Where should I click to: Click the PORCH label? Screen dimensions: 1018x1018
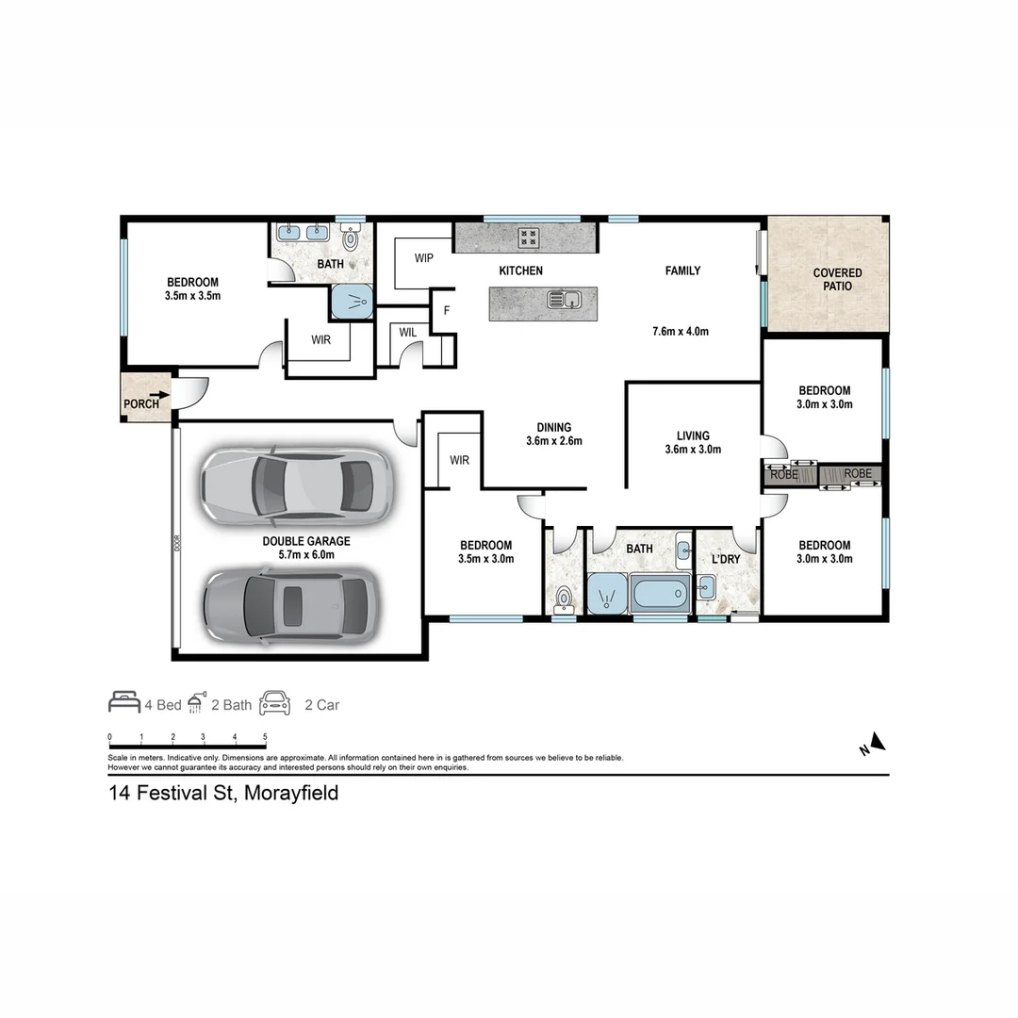(141, 404)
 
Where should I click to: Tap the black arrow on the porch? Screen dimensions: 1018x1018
(159, 396)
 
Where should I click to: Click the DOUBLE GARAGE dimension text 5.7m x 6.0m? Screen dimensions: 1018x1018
(306, 555)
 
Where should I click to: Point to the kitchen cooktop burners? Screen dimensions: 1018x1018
(529, 238)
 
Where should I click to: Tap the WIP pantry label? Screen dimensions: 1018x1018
(424, 258)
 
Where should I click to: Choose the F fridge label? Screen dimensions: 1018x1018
(447, 309)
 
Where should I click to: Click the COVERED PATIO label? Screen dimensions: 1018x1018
(837, 279)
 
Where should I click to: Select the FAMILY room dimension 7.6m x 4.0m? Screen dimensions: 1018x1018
(680, 331)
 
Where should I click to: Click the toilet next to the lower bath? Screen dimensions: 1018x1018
(565, 598)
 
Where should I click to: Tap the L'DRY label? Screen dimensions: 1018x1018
(725, 559)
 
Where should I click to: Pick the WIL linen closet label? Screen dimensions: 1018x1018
(407, 332)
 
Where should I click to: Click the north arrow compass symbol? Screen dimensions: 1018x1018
(877, 743)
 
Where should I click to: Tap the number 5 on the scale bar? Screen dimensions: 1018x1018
(265, 737)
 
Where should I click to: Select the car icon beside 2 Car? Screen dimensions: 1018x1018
(275, 702)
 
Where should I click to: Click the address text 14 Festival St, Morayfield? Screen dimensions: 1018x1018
(224, 793)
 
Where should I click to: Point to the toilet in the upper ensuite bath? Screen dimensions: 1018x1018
(352, 238)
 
